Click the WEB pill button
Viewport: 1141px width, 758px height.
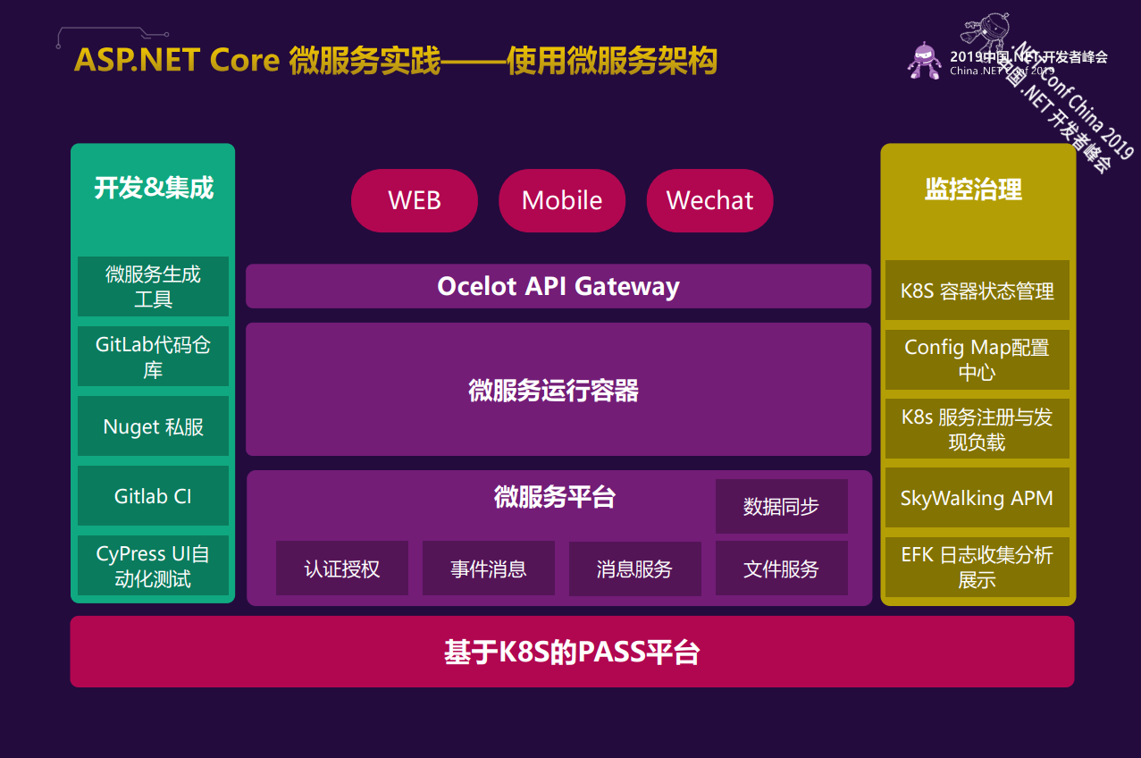point(415,200)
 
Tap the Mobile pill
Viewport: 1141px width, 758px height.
point(562,200)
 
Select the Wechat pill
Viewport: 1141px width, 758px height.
point(709,200)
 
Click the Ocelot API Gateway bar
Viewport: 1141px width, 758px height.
point(558,286)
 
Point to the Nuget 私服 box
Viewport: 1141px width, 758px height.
point(153,426)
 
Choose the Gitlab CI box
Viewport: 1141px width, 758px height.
point(153,496)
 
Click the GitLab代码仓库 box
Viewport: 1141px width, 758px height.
point(153,357)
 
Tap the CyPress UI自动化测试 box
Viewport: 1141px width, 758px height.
point(153,566)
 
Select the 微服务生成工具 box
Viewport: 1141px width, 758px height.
point(153,287)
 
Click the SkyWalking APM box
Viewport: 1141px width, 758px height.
point(977,498)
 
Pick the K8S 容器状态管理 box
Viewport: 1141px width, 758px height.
point(977,291)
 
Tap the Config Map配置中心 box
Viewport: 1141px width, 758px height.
point(977,359)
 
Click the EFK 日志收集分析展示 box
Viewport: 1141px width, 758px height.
point(977,567)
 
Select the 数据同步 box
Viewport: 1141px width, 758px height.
point(781,506)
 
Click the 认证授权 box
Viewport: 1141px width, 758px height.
point(342,568)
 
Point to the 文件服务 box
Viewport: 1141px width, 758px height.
point(781,568)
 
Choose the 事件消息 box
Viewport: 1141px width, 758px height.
point(489,568)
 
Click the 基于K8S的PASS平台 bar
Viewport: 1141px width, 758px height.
point(572,652)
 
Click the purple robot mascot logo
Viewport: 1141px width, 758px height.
point(924,60)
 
